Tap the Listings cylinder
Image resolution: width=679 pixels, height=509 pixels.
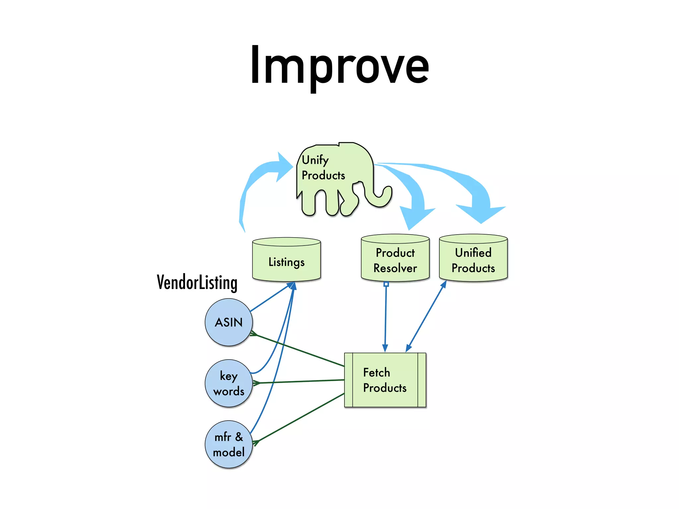pyautogui.click(x=286, y=262)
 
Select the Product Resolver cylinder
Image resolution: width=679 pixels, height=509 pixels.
pyautogui.click(x=395, y=260)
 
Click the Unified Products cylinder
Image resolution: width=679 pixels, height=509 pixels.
pyautogui.click(x=473, y=260)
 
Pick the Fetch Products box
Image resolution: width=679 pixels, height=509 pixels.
pyautogui.click(x=385, y=380)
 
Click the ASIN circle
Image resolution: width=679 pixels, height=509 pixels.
pyautogui.click(x=229, y=322)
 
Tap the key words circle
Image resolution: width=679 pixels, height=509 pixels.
pyautogui.click(x=229, y=383)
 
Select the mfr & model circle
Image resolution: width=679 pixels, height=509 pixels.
pyautogui.click(x=229, y=444)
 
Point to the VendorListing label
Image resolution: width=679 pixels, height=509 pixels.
pyautogui.click(x=197, y=283)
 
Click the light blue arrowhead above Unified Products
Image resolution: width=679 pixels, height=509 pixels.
pyautogui.click(x=481, y=212)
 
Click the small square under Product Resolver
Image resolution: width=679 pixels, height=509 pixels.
pyautogui.click(x=386, y=284)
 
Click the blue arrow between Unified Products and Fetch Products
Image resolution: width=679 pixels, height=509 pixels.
pyautogui.click(x=426, y=316)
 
